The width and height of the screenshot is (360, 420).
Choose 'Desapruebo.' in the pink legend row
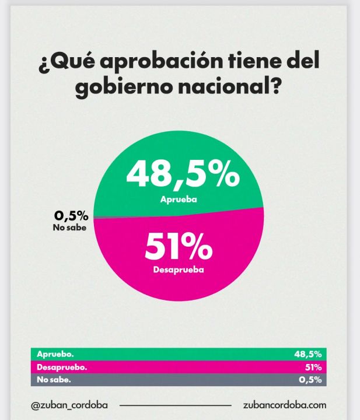pyautogui.click(x=62, y=367)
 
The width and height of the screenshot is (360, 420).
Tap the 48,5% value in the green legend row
pyautogui.click(x=308, y=354)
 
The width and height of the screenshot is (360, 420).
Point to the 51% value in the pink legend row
pyautogui.click(x=313, y=367)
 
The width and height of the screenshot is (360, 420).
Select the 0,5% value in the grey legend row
pyautogui.click(x=310, y=380)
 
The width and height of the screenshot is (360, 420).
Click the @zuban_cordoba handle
pyautogui.click(x=73, y=404)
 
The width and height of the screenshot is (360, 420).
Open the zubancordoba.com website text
pyautogui.click(x=284, y=404)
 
